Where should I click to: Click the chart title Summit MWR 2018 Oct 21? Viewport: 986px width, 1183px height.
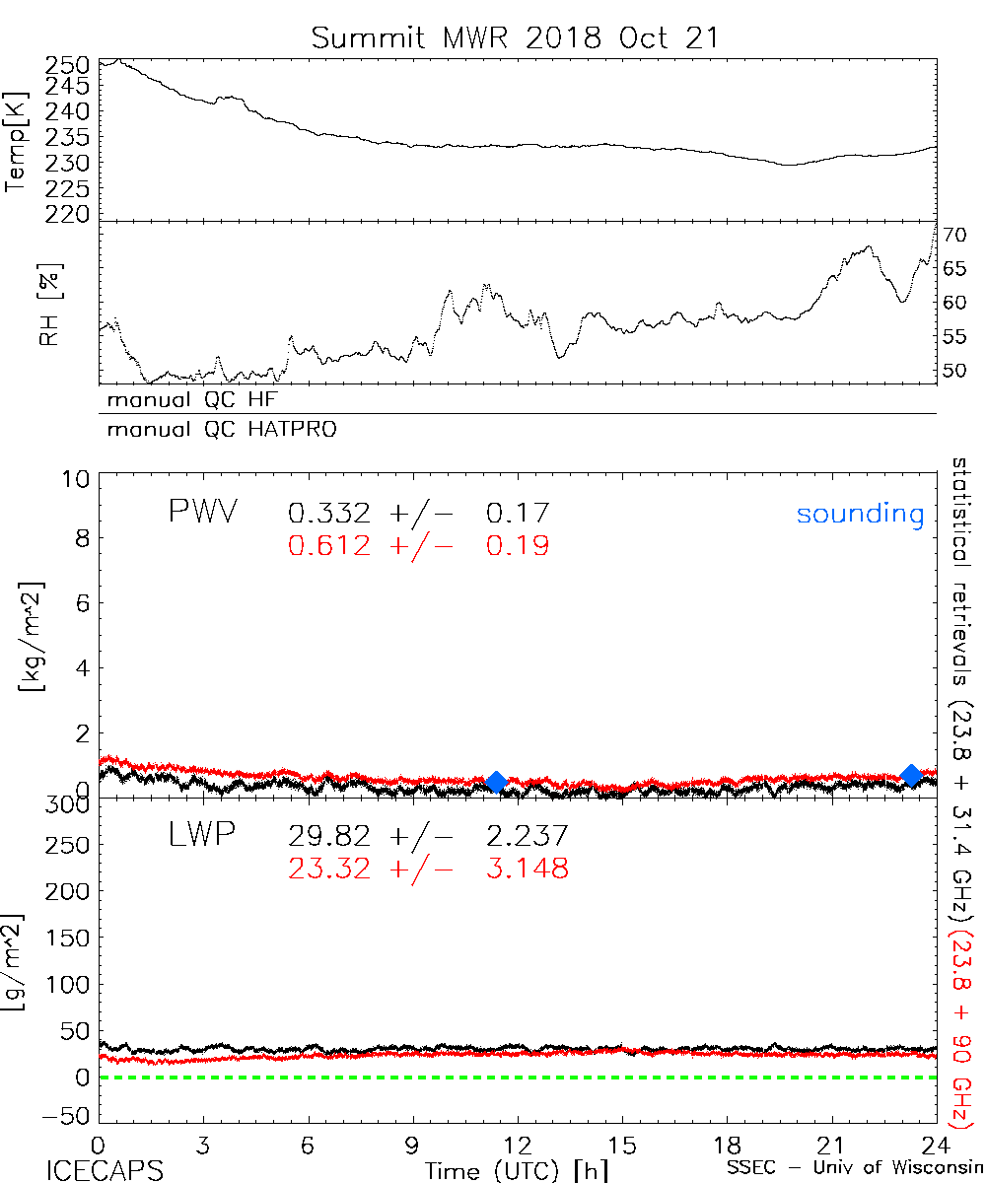coord(515,37)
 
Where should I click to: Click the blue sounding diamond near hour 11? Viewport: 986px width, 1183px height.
coord(497,782)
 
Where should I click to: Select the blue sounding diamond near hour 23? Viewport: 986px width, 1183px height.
coord(912,775)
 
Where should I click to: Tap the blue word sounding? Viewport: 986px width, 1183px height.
coord(860,514)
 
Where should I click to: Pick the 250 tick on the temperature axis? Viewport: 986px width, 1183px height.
coord(67,64)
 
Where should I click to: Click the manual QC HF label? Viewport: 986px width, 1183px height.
coord(198,400)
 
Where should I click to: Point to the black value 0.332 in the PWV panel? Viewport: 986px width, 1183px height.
coord(329,513)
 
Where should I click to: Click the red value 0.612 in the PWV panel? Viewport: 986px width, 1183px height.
coord(329,545)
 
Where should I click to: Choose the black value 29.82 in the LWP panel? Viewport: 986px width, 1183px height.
coord(329,837)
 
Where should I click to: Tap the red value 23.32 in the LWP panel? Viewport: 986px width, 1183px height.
coord(329,869)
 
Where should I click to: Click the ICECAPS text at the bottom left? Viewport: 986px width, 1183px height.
coord(105,1169)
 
